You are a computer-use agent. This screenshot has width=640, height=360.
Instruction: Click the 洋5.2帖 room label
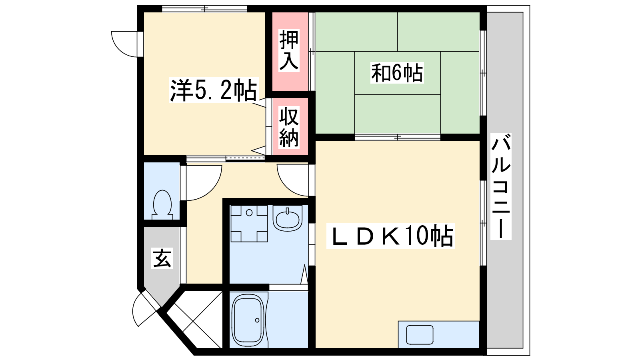(x=213, y=90)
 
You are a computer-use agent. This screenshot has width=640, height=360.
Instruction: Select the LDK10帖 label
(x=390, y=236)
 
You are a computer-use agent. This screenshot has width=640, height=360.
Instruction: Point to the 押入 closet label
(x=289, y=50)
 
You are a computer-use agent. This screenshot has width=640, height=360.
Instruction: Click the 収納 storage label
(x=289, y=128)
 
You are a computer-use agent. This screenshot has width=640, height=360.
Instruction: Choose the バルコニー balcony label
(x=501, y=186)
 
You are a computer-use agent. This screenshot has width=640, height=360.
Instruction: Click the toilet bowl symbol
(x=162, y=204)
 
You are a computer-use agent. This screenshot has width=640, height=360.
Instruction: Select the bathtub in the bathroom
(x=248, y=320)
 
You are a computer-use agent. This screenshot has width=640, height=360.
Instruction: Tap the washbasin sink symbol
(x=288, y=218)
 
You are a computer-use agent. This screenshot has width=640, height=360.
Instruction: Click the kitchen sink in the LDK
(x=420, y=334)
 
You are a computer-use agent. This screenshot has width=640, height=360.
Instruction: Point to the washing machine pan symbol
(x=249, y=224)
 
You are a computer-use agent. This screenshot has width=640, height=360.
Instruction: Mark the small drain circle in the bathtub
(x=258, y=320)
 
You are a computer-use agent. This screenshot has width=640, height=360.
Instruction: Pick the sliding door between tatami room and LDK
(x=398, y=138)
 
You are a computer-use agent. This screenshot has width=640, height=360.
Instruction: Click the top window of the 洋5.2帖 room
(x=204, y=9)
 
